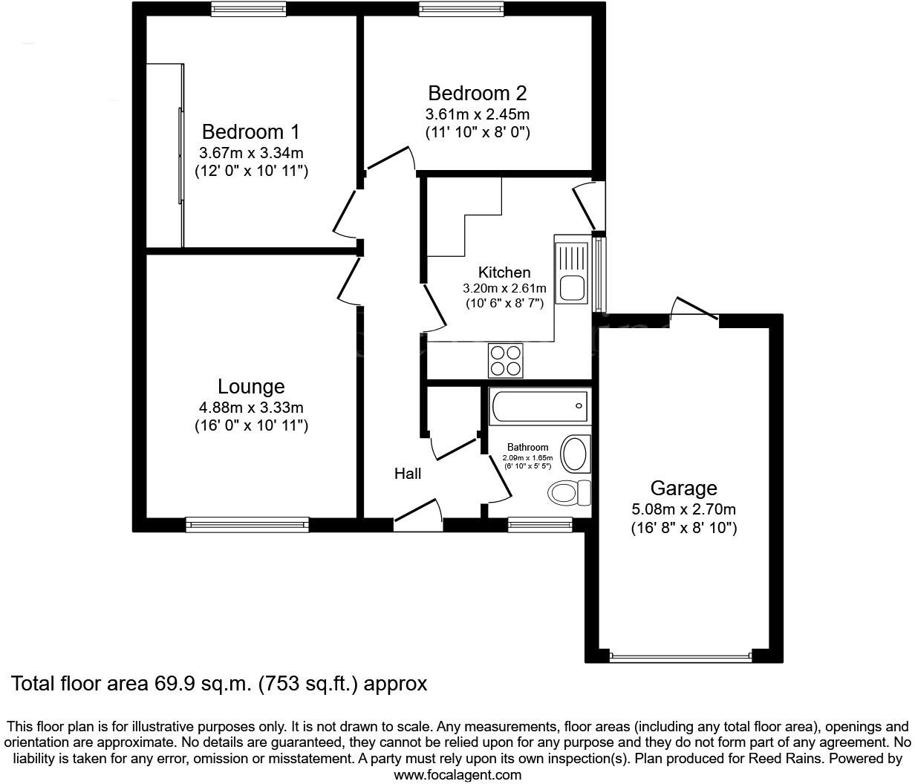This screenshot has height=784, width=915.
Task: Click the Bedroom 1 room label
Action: tap(251, 132)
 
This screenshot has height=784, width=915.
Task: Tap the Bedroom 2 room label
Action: tap(478, 94)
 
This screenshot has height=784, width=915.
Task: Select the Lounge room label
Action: tap(251, 387)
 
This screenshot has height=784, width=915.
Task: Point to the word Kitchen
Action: tap(504, 272)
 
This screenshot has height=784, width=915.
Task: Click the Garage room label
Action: tap(683, 489)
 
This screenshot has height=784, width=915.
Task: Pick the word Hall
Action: tap(408, 474)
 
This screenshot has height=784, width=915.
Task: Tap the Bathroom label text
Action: tap(527, 447)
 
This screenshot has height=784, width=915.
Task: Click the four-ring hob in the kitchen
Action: tap(505, 361)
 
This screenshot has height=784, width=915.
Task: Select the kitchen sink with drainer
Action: tap(572, 272)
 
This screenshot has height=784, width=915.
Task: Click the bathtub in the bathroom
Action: tap(539, 405)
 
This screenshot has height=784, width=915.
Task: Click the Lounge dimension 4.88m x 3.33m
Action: tap(251, 408)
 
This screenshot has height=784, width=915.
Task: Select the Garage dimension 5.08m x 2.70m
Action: tap(683, 509)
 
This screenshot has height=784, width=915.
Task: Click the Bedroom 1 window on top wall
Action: tap(248, 9)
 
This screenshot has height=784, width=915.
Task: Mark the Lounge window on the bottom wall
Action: tap(248, 525)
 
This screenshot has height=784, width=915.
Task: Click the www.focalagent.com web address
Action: tap(457, 775)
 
